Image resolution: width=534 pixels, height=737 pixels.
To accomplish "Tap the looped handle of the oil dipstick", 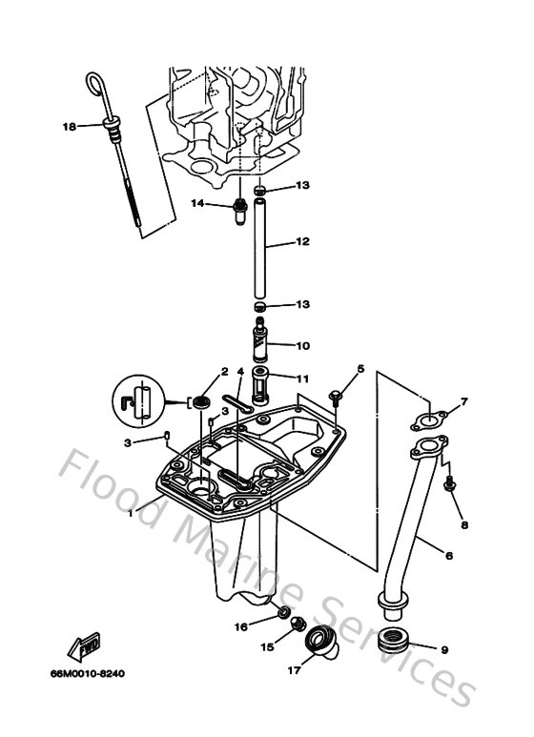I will pyautogui.click(x=96, y=85).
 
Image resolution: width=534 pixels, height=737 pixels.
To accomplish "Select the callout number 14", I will pyautogui.click(x=197, y=203).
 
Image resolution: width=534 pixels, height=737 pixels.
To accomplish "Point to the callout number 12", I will pyautogui.click(x=302, y=242).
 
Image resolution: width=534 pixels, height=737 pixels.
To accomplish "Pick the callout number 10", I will pyautogui.click(x=302, y=345).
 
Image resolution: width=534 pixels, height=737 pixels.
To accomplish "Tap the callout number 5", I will pyautogui.click(x=360, y=368).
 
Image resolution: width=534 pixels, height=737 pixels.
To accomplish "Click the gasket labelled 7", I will pyautogui.click(x=429, y=417).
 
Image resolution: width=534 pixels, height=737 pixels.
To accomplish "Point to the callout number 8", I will pyautogui.click(x=464, y=524).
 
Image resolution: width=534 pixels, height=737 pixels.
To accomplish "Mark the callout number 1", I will pyautogui.click(x=132, y=512).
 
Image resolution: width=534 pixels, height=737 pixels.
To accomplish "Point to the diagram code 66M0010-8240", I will pyautogui.click(x=88, y=674).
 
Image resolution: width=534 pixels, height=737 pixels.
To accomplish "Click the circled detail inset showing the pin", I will pyautogui.click(x=138, y=402).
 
